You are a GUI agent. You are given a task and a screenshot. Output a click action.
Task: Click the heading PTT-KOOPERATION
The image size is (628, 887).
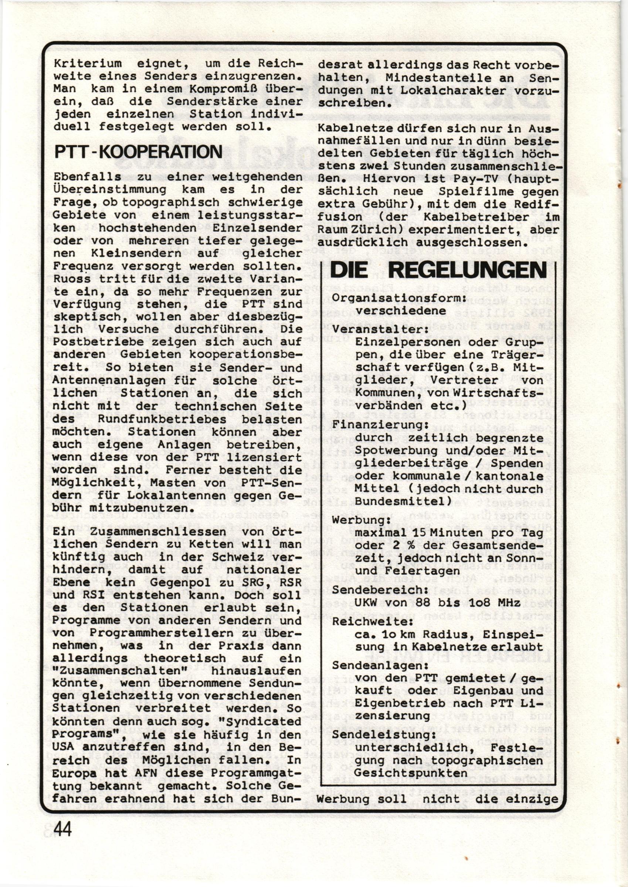(x=139, y=152)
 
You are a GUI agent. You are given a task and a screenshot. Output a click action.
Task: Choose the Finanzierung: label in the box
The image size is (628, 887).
(x=377, y=425)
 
